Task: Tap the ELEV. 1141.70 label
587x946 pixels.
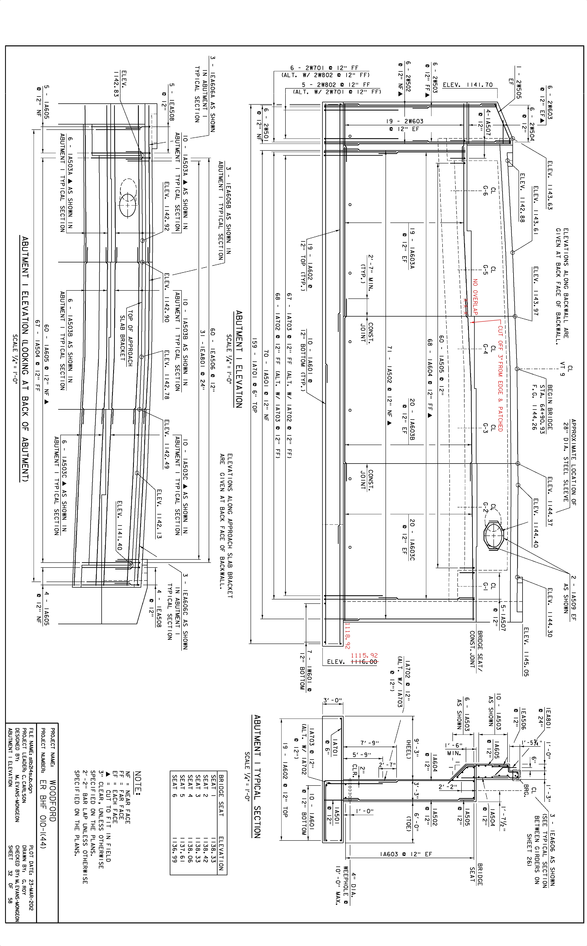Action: tap(468, 85)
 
